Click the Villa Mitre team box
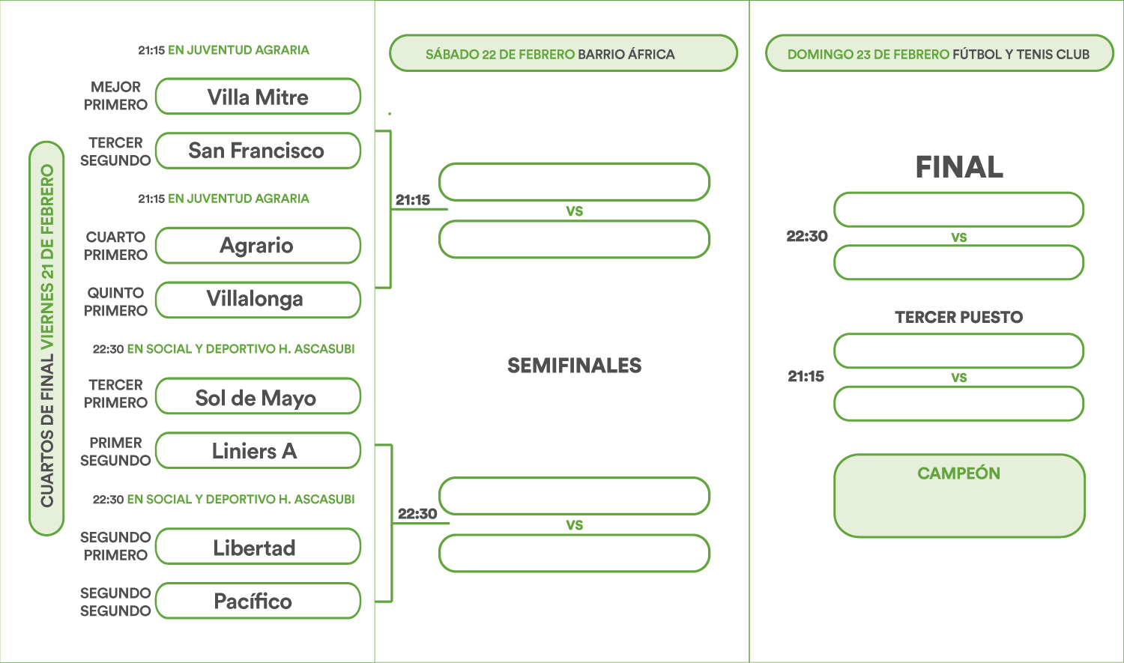pyautogui.click(x=258, y=97)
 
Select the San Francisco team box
pyautogui.click(x=258, y=151)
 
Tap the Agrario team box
pyautogui.click(x=258, y=245)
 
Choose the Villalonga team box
pyautogui.click(x=258, y=300)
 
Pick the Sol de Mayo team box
pyautogui.click(x=258, y=396)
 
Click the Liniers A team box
pyautogui.click(x=258, y=450)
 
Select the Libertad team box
pyautogui.click(x=258, y=546)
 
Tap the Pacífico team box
pyautogui.click(x=258, y=600)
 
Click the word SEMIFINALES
pyautogui.click(x=574, y=365)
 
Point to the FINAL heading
pyautogui.click(x=959, y=166)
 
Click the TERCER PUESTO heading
pyautogui.click(x=958, y=317)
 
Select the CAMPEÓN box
pyautogui.click(x=959, y=495)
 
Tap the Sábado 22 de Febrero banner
pyautogui.click(x=563, y=53)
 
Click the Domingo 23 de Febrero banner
pyautogui.click(x=940, y=53)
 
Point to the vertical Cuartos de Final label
pyautogui.click(x=46, y=338)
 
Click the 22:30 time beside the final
pyautogui.click(x=807, y=236)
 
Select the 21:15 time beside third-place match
pyautogui.click(x=806, y=376)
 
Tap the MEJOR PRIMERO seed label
pyautogui.click(x=115, y=96)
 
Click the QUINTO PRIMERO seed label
pyautogui.click(x=115, y=301)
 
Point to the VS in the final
pyautogui.click(x=959, y=237)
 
